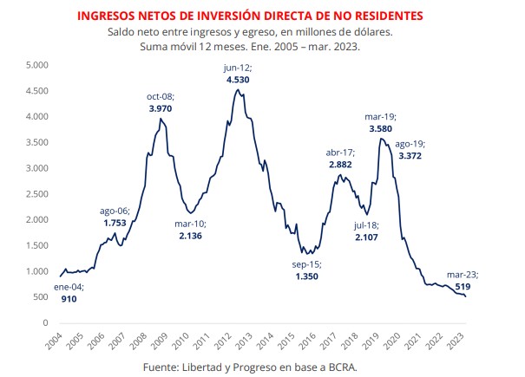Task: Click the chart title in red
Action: (x=262, y=16)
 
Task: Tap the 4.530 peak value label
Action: (x=238, y=80)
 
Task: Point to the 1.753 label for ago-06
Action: (x=115, y=223)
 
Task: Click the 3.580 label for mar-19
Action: (x=381, y=129)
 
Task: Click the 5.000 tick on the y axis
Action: (x=36, y=65)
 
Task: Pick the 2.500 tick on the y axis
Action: (x=36, y=194)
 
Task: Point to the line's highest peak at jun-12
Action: (x=237, y=90)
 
